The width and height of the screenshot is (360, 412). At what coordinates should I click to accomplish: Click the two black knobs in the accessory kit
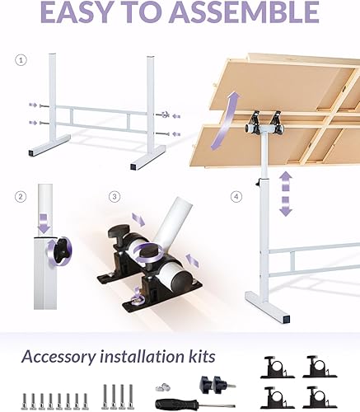[x=211, y=383]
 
